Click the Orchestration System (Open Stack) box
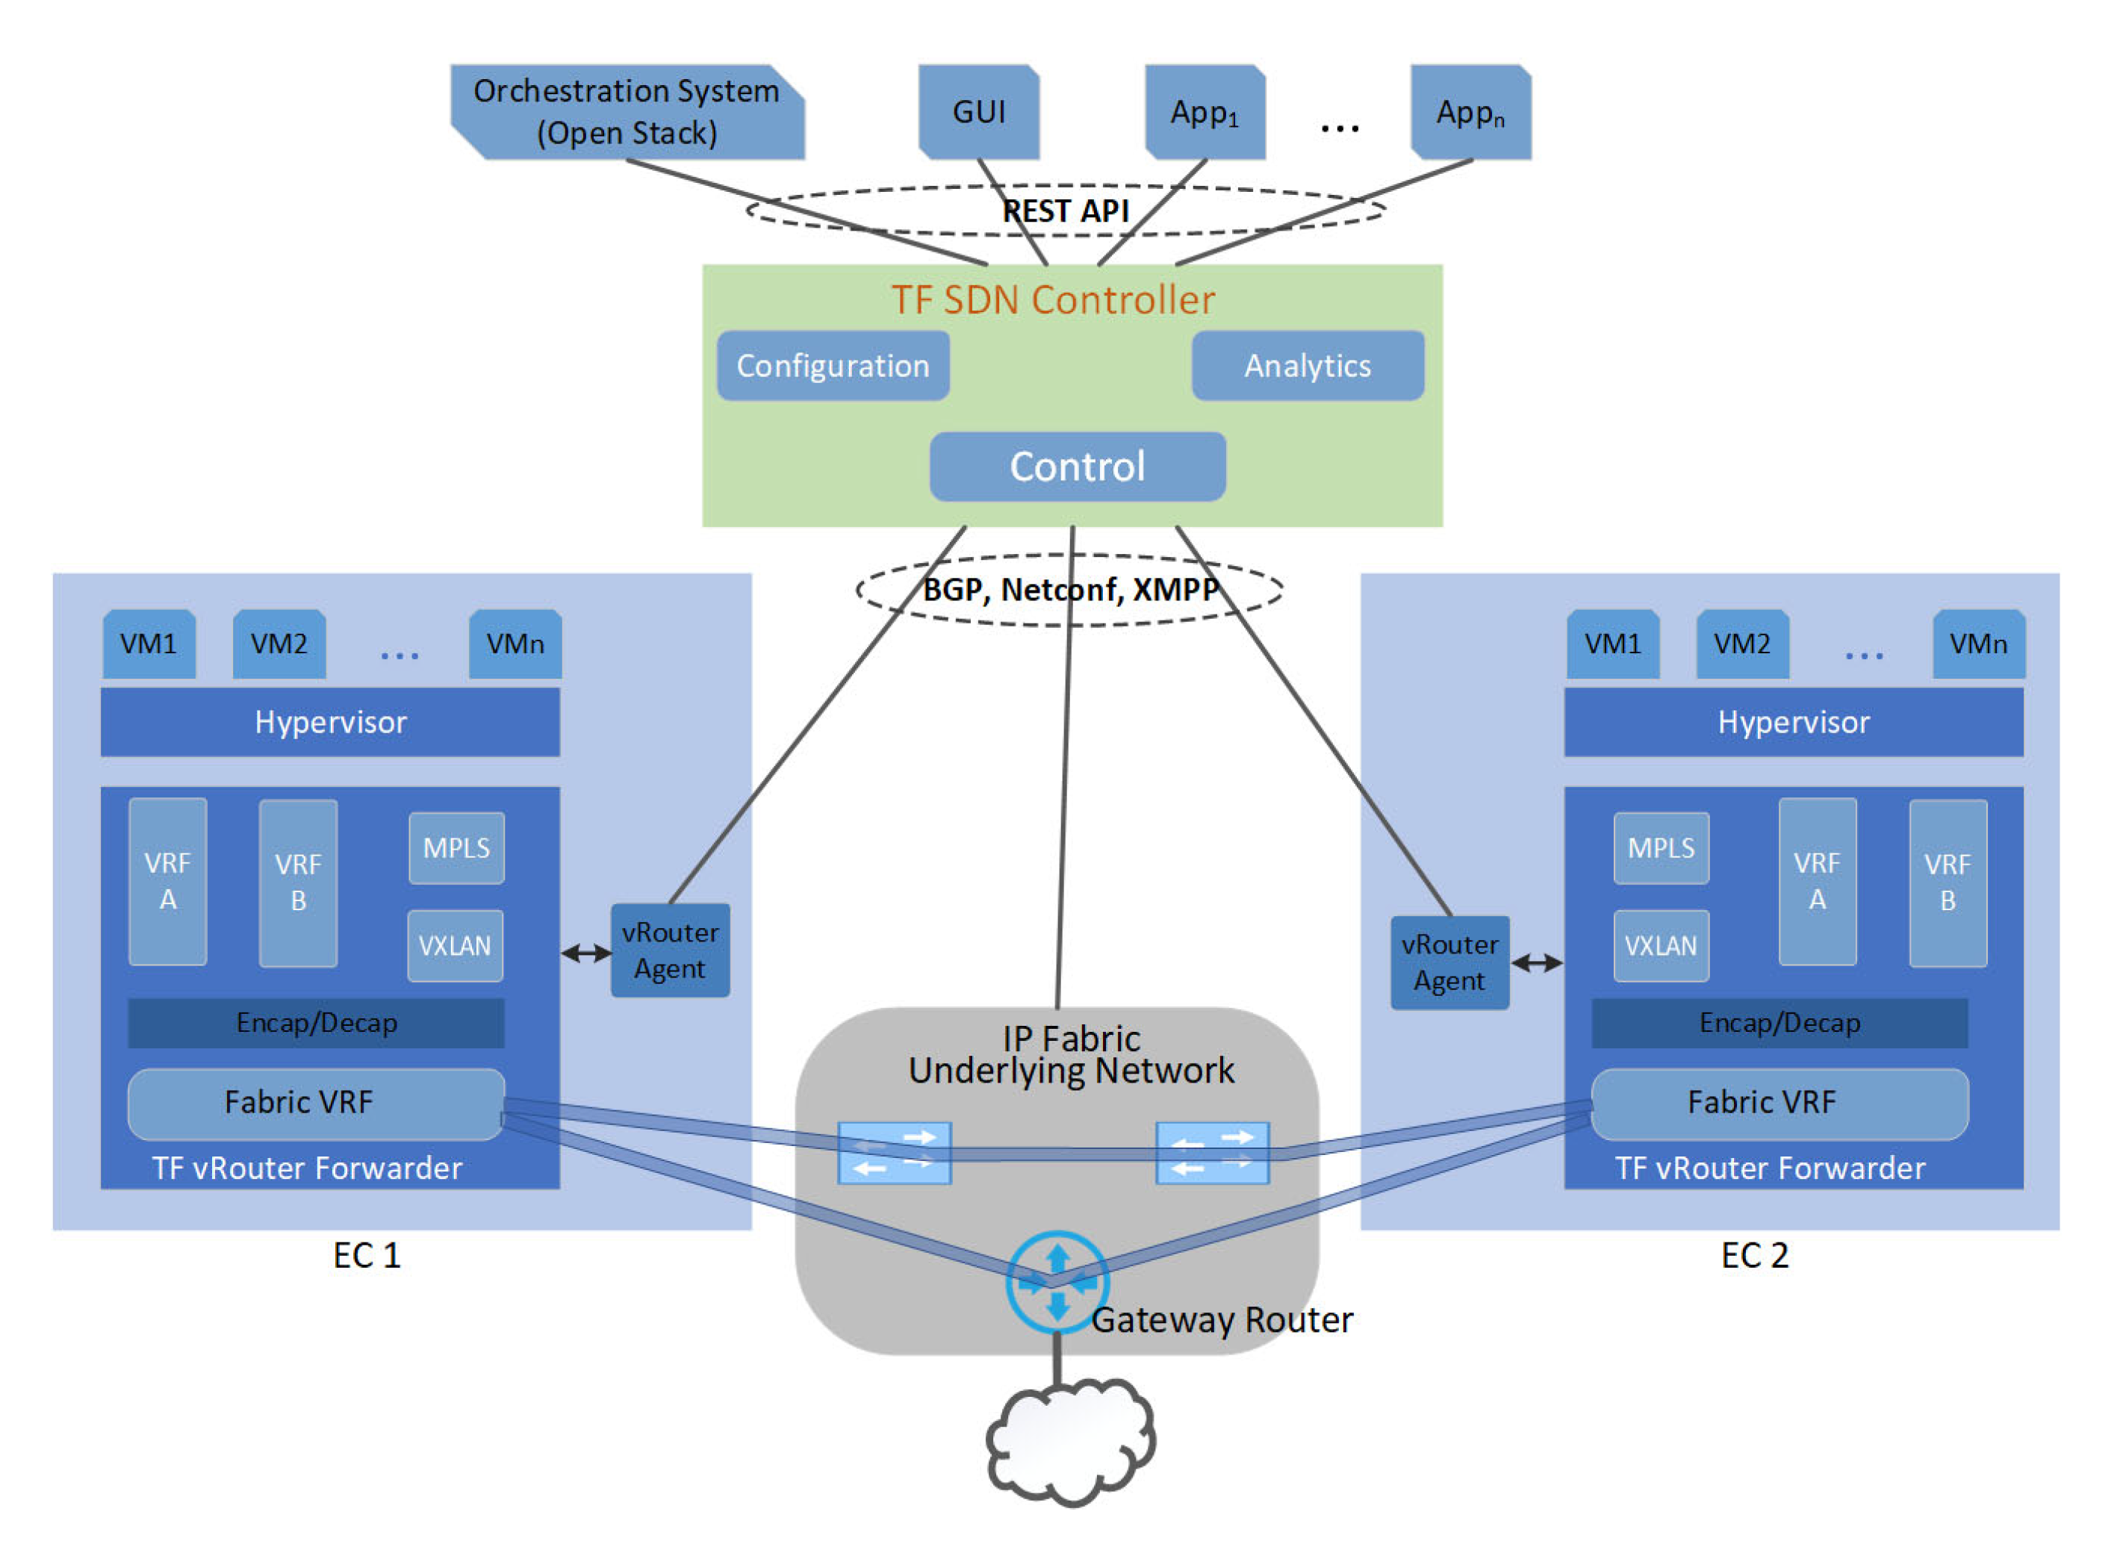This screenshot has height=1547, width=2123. [627, 113]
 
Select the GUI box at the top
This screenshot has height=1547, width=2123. [980, 113]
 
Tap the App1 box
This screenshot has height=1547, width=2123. [1206, 113]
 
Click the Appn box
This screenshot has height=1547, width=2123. [1472, 113]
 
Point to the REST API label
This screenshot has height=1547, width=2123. [1066, 211]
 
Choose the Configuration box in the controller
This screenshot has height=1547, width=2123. [833, 366]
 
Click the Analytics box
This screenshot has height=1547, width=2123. [1308, 366]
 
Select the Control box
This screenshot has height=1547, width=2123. [1078, 467]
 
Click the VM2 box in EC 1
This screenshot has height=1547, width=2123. [279, 645]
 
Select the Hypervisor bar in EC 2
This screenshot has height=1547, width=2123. [1794, 723]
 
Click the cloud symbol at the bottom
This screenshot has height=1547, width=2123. [1070, 1443]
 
